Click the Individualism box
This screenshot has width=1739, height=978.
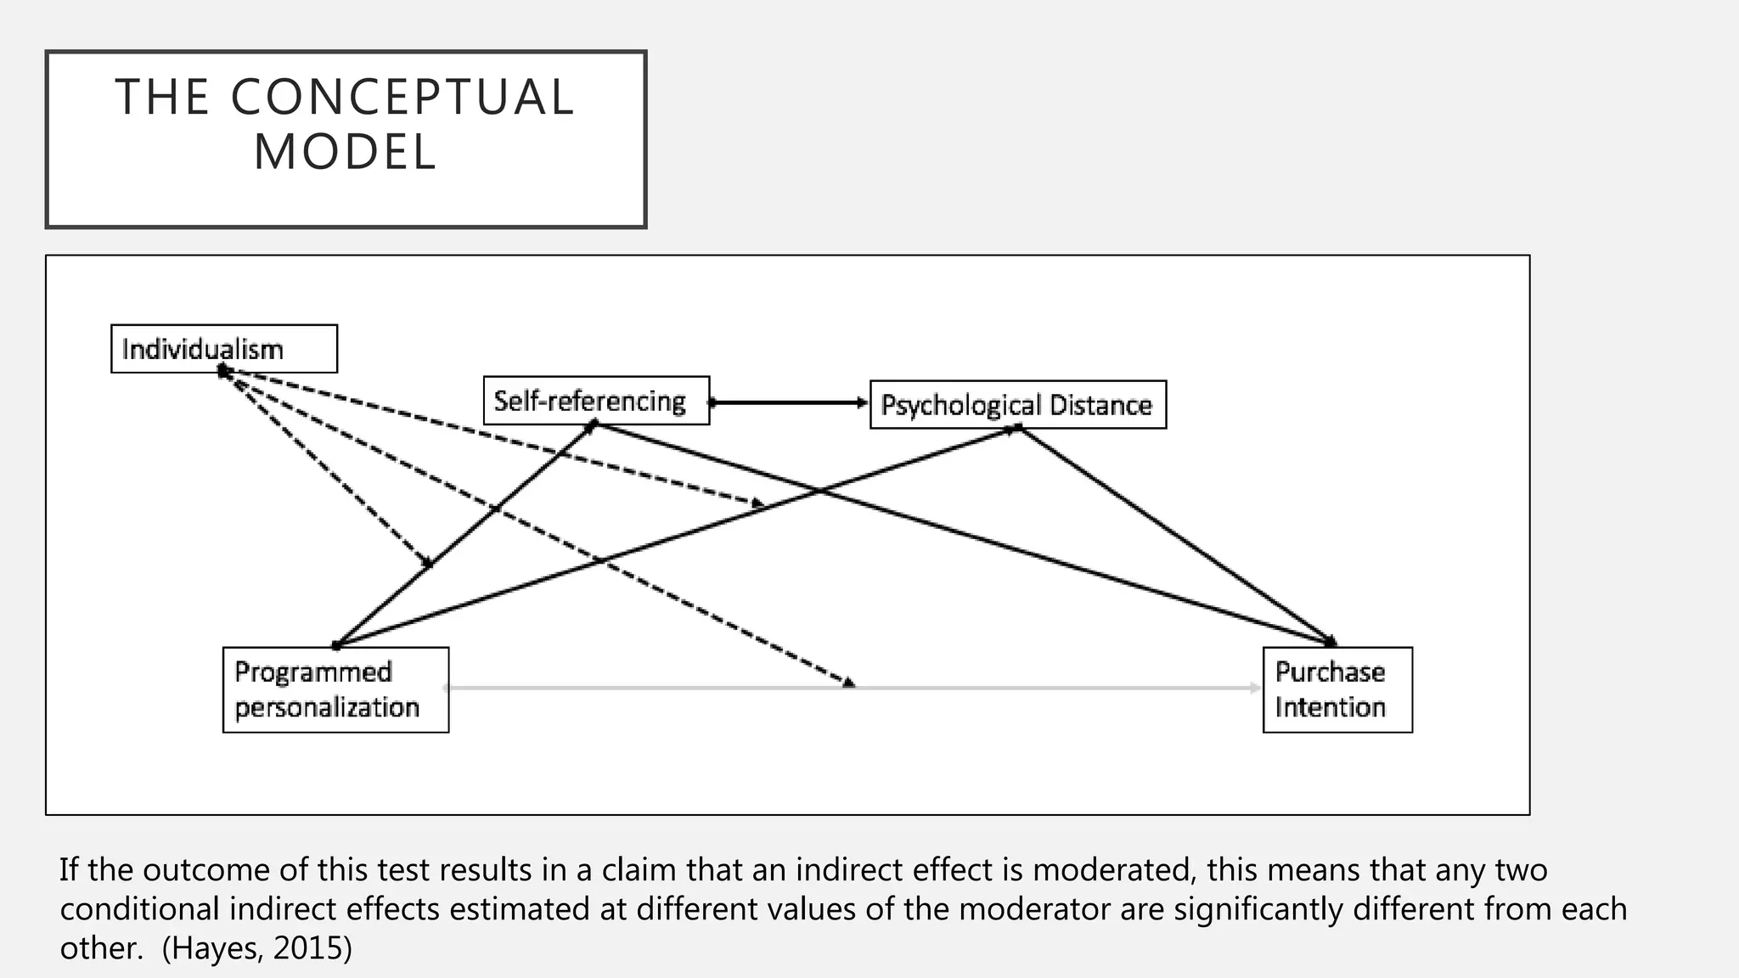tap(223, 349)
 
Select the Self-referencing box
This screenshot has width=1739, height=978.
tap(595, 401)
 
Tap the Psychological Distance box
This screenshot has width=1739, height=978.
tap(1017, 405)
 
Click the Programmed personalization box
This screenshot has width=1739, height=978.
tap(335, 689)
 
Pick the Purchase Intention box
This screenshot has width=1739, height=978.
tap(1337, 689)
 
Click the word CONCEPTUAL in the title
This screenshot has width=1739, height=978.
tap(402, 98)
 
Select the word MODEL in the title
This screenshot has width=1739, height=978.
tap(346, 153)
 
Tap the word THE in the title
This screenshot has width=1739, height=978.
tap(162, 98)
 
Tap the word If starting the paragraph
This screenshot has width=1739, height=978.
tap(69, 870)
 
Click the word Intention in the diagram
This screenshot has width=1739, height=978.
tap(1330, 707)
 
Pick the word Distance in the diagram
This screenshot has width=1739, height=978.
tap(1100, 405)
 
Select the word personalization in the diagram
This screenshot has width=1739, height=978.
tap(327, 707)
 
